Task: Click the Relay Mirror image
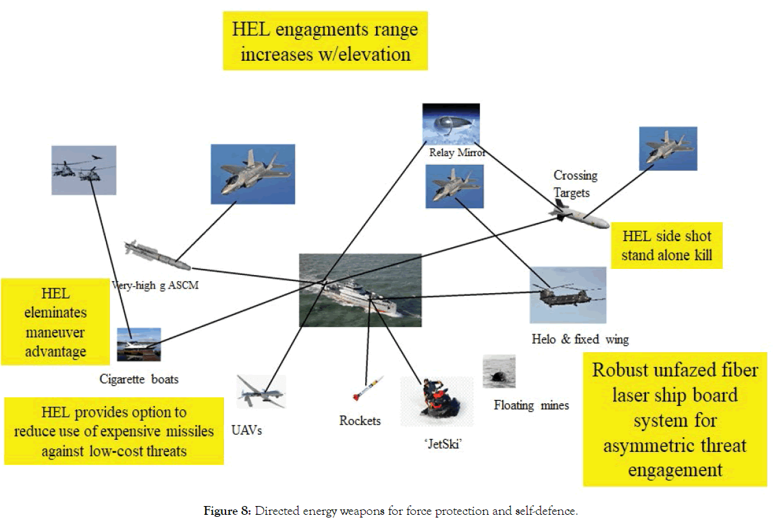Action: tap(450, 124)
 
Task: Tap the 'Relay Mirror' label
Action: tap(458, 152)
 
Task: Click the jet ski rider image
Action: tap(435, 401)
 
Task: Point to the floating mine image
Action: tap(499, 372)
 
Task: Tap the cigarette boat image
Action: tap(138, 344)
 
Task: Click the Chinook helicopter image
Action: tap(567, 295)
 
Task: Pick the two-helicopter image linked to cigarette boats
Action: tap(84, 170)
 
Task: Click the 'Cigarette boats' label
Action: tap(139, 379)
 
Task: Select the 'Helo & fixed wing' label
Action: tap(580, 339)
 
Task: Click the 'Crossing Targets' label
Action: tap(575, 184)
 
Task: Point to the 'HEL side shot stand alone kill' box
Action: tap(666, 246)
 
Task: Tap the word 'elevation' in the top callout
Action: tap(369, 54)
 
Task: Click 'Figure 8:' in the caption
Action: tap(227, 511)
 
